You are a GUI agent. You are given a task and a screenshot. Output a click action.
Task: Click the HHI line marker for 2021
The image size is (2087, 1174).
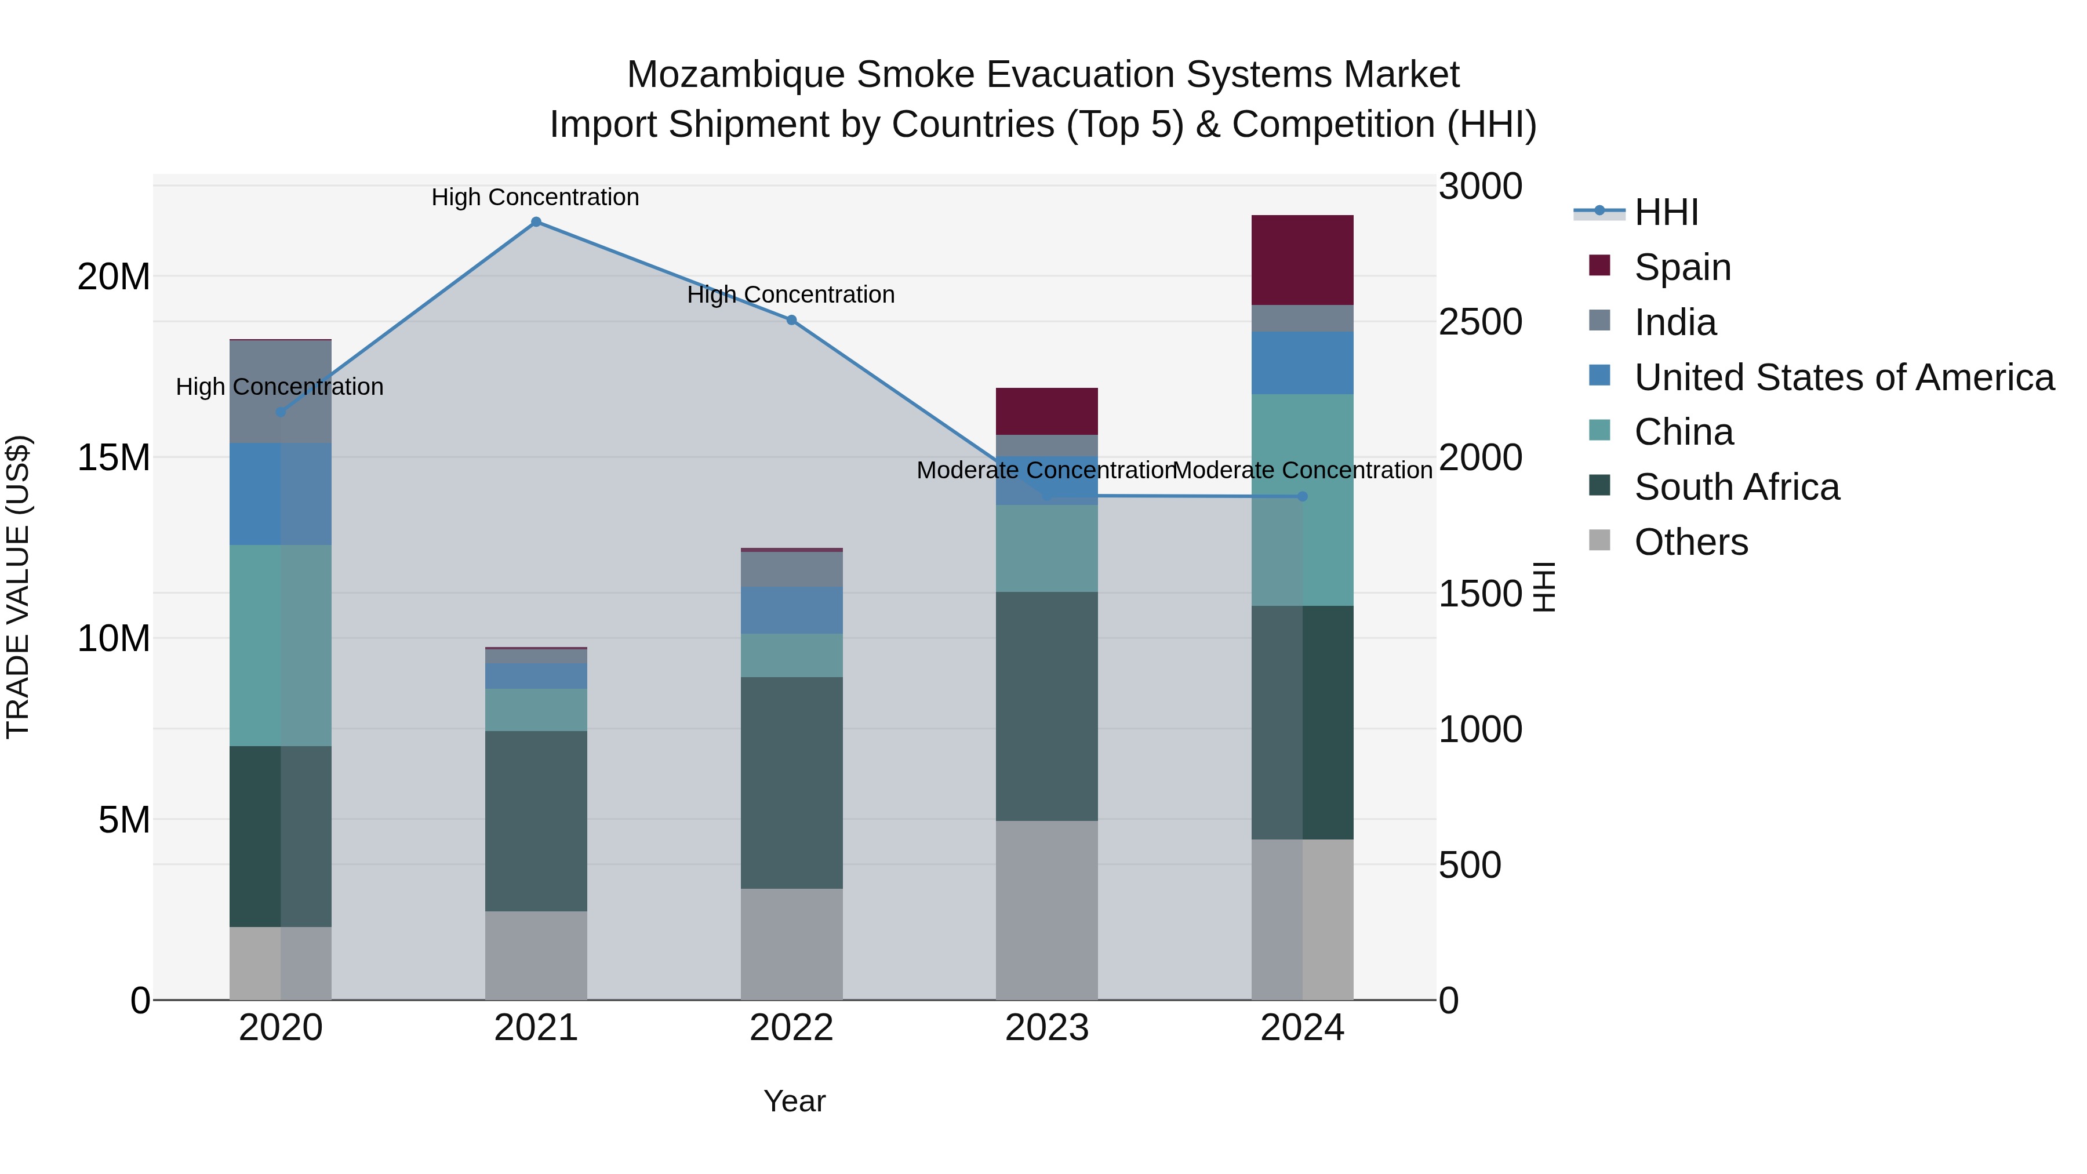(x=536, y=222)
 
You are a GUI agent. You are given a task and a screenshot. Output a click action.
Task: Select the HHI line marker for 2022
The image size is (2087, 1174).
(x=791, y=320)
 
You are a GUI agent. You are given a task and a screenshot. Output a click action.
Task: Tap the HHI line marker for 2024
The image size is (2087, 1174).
(x=1302, y=497)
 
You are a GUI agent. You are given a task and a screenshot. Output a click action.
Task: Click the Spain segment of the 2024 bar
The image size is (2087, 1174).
(x=1302, y=260)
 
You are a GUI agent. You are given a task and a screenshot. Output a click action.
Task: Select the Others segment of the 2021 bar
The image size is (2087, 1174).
(x=536, y=955)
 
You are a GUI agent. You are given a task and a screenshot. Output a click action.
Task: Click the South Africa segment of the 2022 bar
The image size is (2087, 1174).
(x=791, y=783)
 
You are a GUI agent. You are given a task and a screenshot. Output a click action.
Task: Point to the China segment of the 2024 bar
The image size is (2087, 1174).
(x=1302, y=500)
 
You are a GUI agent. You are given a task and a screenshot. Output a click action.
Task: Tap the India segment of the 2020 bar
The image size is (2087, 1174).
(x=281, y=391)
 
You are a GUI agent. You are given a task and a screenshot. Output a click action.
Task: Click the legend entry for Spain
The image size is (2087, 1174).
(x=1682, y=267)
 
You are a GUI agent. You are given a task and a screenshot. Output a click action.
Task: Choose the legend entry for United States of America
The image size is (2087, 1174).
(x=1843, y=377)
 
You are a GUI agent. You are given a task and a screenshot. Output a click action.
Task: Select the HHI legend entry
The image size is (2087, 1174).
(x=1665, y=212)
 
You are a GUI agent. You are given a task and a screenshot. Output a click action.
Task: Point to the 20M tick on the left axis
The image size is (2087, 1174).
(x=114, y=277)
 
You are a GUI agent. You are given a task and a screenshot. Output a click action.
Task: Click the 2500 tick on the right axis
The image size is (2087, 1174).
(x=1480, y=322)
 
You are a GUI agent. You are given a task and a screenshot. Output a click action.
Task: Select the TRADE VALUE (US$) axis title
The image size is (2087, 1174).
(x=18, y=587)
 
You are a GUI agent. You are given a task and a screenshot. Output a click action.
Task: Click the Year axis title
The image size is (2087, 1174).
(x=794, y=1101)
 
